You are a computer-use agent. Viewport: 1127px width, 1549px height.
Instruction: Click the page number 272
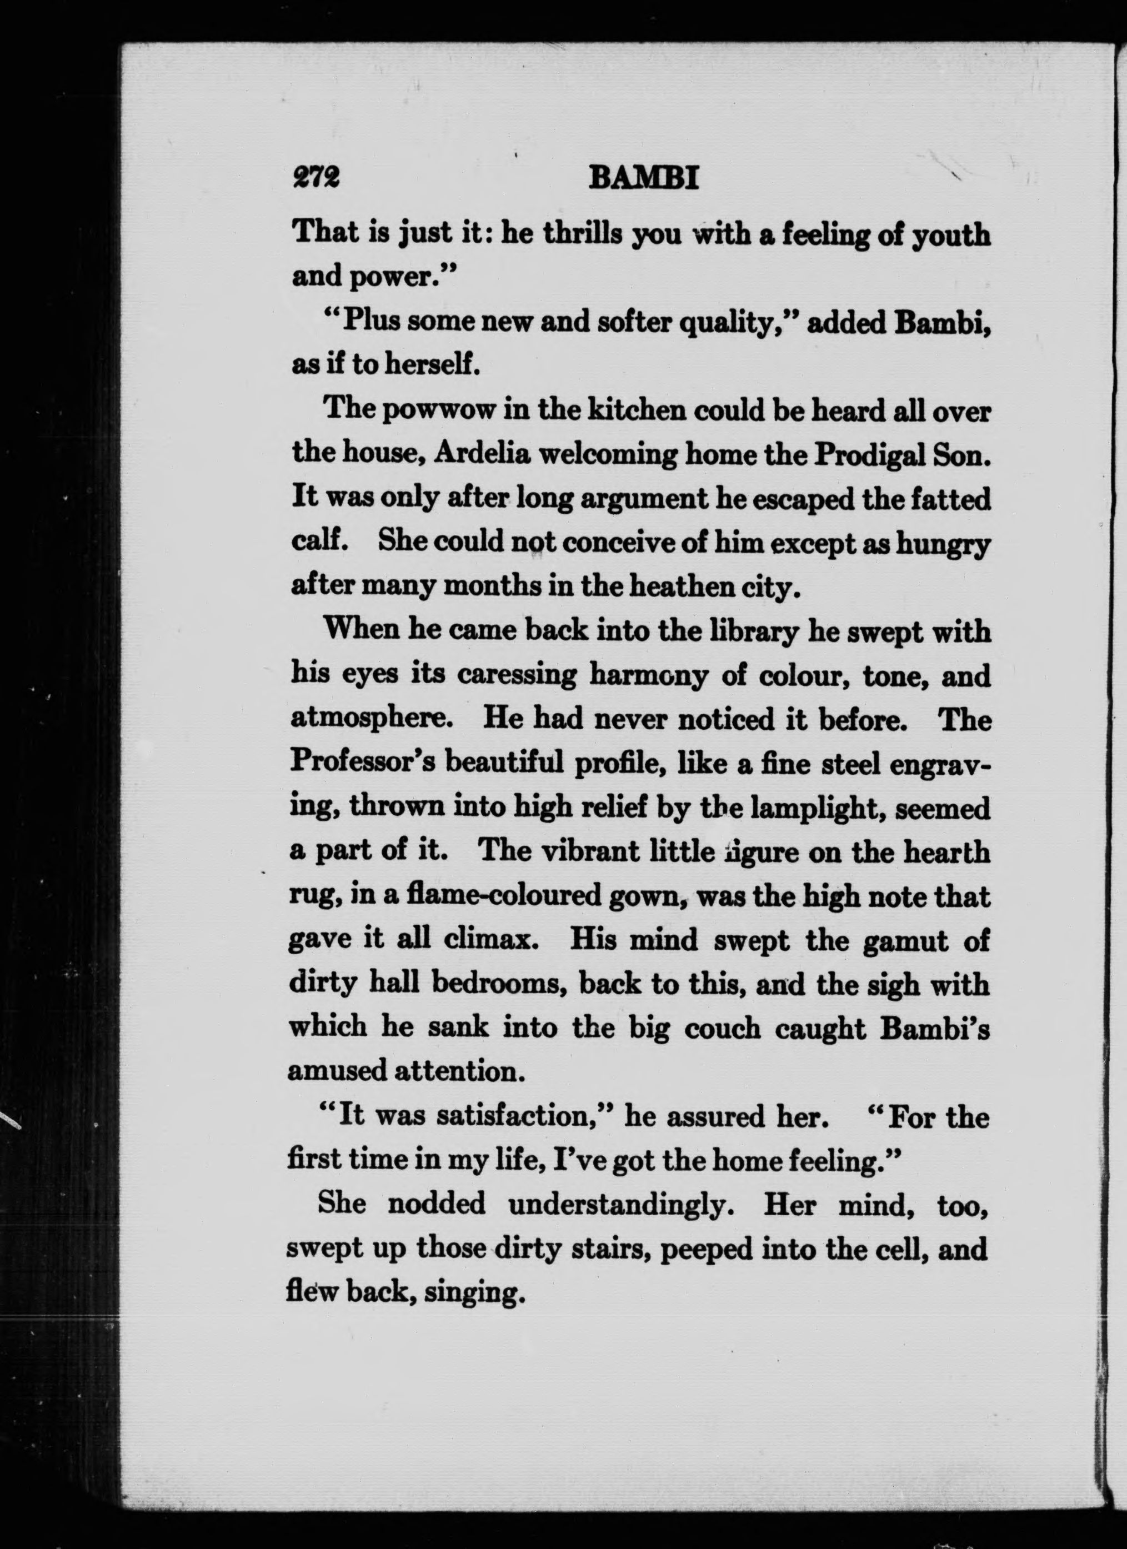315,179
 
